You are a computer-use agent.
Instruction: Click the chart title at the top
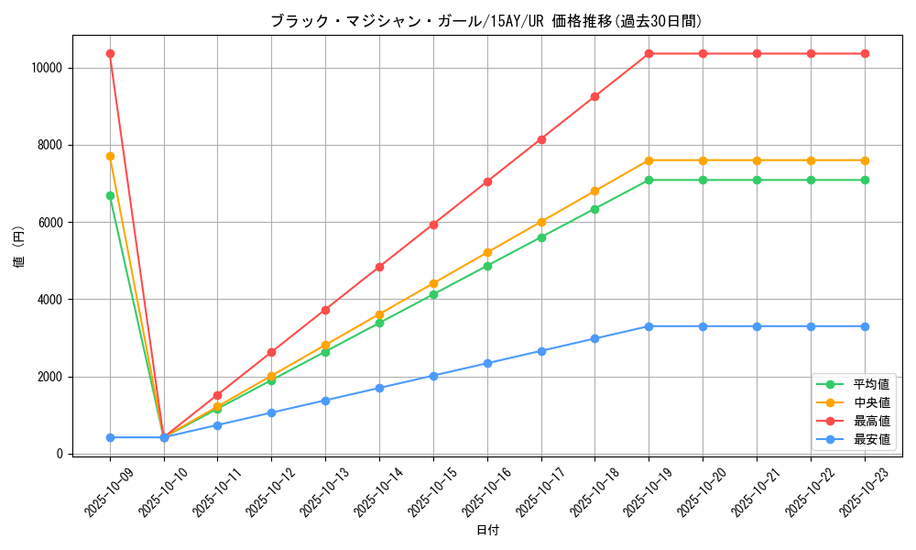[485, 21]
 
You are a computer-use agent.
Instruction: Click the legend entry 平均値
[871, 384]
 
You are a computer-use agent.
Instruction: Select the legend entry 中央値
[871, 402]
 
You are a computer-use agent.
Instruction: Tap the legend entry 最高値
[871, 421]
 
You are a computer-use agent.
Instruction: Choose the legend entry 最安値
[871, 439]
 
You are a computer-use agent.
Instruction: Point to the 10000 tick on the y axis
[45, 68]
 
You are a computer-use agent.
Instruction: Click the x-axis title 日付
[487, 531]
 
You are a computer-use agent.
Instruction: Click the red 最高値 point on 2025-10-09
[110, 53]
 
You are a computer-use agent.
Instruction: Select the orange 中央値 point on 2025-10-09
[110, 156]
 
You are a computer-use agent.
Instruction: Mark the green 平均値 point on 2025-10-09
[110, 195]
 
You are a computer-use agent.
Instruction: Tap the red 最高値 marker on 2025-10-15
[433, 225]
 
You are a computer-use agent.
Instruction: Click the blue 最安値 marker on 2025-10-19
[649, 326]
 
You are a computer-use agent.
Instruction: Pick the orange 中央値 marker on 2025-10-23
[865, 160]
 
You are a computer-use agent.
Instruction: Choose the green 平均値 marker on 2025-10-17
[541, 237]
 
